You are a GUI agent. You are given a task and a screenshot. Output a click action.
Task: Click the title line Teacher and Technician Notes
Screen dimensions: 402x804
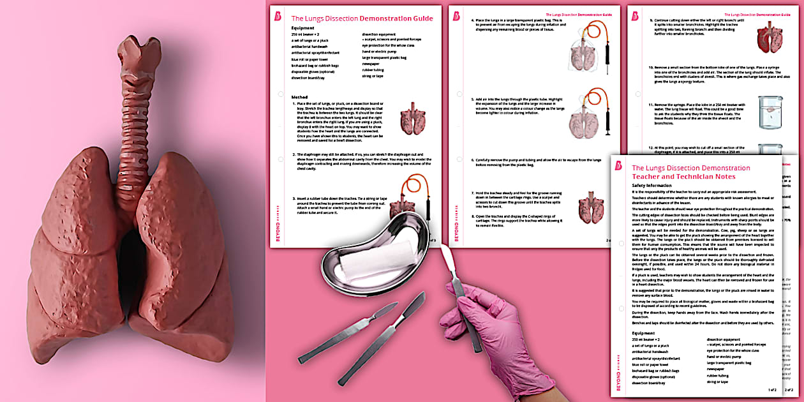[683, 177]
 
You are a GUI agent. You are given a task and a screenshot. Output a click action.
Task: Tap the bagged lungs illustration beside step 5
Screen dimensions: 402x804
[592, 113]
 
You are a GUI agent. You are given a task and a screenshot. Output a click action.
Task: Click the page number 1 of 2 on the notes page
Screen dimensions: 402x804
[772, 389]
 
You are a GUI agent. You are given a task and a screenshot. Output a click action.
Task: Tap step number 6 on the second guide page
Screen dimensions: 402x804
[473, 160]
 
